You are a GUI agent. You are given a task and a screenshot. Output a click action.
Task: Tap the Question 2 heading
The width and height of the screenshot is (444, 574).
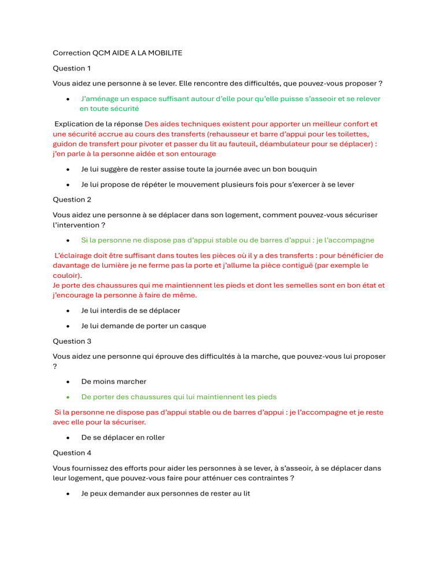coord(72,199)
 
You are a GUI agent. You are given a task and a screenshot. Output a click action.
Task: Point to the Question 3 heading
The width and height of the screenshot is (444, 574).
coord(72,341)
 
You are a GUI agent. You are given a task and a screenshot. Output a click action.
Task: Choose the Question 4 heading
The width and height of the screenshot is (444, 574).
coord(72,453)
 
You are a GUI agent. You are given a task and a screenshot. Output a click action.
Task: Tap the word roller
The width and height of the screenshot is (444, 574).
coord(153,437)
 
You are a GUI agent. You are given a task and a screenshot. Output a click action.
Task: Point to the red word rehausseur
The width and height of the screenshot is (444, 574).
coord(231,134)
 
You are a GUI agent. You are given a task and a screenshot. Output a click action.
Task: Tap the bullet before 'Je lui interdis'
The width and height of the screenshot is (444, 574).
coord(68,311)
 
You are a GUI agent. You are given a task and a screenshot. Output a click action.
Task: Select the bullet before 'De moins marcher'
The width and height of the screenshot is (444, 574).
coord(68,382)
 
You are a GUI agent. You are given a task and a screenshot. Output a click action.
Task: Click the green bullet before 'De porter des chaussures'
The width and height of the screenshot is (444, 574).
coord(68,397)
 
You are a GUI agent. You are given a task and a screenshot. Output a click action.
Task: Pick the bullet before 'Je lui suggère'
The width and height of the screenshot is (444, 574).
coord(68,169)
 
